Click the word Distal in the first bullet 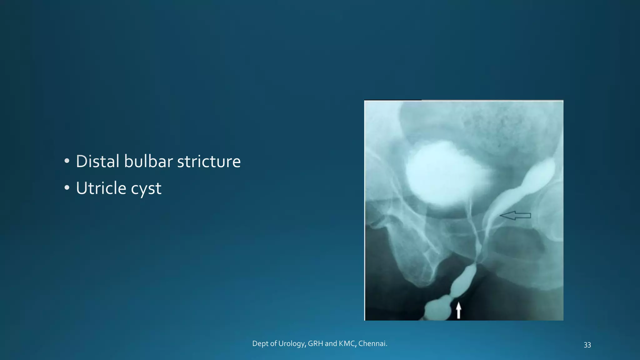click(x=97, y=162)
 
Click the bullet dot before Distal click(x=67, y=161)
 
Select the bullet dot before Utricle click(x=67, y=188)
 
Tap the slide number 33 click(x=587, y=345)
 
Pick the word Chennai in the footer click(x=372, y=344)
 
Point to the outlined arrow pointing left click(x=515, y=215)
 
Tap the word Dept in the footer click(x=260, y=344)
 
